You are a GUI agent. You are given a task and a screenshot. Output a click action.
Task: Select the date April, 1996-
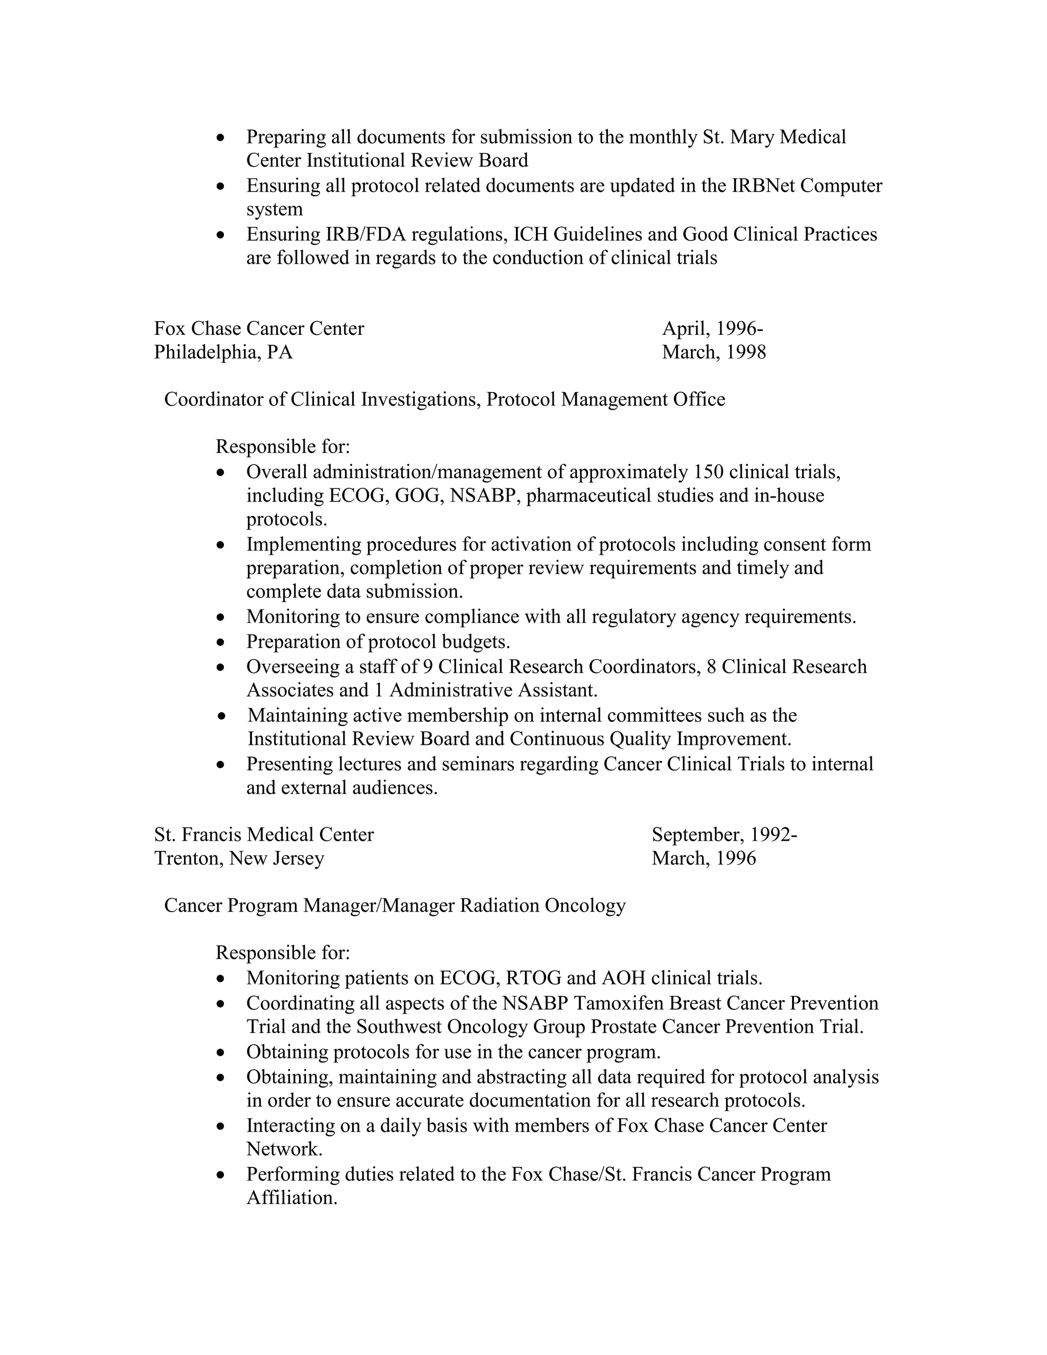712,328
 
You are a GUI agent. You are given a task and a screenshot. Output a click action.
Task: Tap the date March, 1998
714,352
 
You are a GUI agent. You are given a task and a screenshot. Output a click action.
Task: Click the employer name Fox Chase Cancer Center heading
259,328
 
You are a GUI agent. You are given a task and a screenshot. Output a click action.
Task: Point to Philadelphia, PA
223,352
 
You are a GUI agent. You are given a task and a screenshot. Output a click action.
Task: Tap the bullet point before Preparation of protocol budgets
221,642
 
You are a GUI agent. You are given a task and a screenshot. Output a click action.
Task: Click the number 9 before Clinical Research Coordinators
427,666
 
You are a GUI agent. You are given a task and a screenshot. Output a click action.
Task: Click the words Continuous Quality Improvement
650,739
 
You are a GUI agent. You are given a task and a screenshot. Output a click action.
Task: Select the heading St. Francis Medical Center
264,834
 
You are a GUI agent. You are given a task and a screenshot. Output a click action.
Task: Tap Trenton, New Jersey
239,858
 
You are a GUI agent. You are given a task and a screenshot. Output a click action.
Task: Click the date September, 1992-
724,834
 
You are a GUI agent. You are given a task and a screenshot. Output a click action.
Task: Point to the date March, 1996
703,858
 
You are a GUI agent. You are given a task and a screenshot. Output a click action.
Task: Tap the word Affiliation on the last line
291,1198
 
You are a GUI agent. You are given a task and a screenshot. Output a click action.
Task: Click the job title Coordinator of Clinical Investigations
322,399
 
